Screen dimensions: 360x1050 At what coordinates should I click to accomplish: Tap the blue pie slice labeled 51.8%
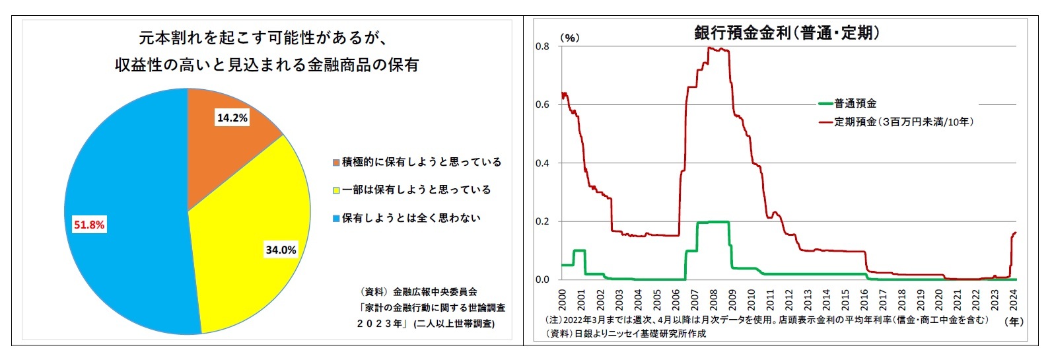click(125, 211)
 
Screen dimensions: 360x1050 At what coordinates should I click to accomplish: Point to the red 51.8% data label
click(88, 225)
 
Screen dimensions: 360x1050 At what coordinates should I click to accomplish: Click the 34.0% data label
click(281, 250)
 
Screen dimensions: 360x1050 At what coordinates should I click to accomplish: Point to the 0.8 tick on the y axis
click(542, 46)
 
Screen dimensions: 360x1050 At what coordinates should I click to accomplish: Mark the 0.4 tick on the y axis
click(542, 163)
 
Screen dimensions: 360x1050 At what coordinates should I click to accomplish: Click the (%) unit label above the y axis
click(569, 38)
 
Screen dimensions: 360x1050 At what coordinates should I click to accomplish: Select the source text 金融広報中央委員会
click(435, 291)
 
